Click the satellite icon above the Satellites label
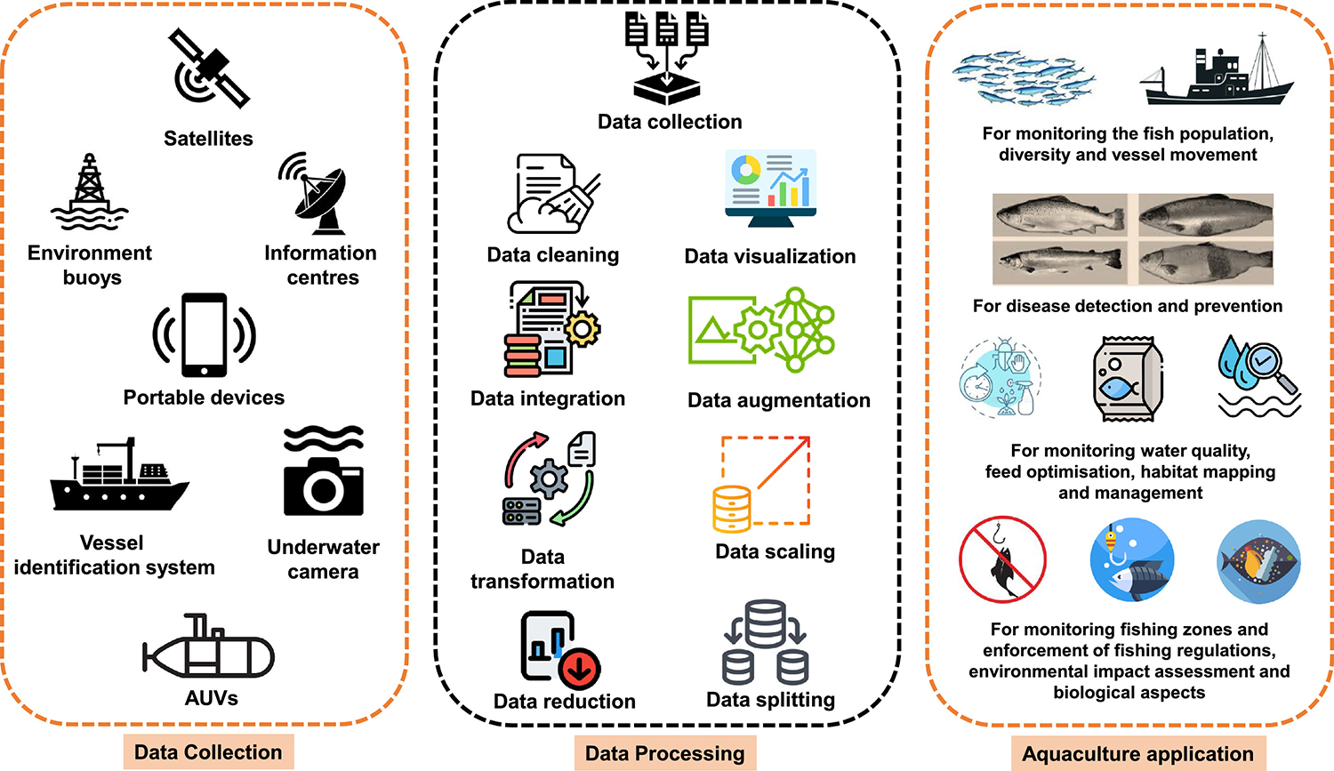tap(209, 68)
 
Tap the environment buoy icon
tap(89, 192)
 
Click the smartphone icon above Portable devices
tap(204, 335)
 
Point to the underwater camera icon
tap(324, 473)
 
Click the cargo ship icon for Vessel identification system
tap(117, 477)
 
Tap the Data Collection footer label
tap(208, 752)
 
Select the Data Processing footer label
tap(664, 754)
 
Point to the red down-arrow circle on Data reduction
tap(580, 668)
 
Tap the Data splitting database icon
tap(766, 643)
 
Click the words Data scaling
tap(775, 551)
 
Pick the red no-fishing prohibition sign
tap(1002, 559)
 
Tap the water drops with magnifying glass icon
tap(1258, 375)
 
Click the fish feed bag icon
tap(1127, 379)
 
